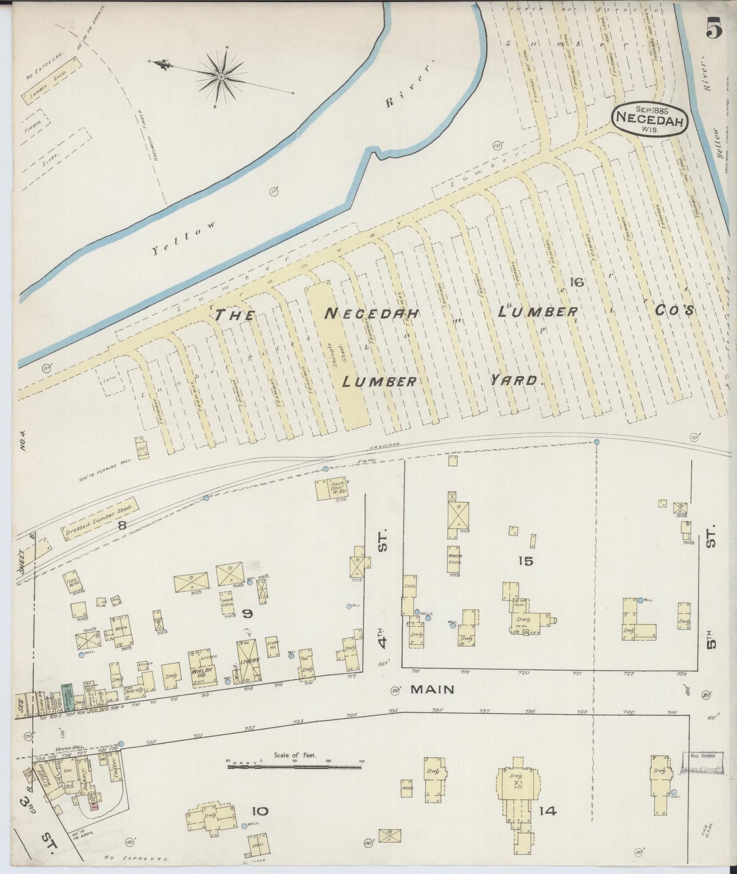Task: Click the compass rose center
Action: [x=221, y=77]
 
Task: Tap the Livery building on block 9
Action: [x=250, y=660]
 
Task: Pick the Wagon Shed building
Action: [x=455, y=559]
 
